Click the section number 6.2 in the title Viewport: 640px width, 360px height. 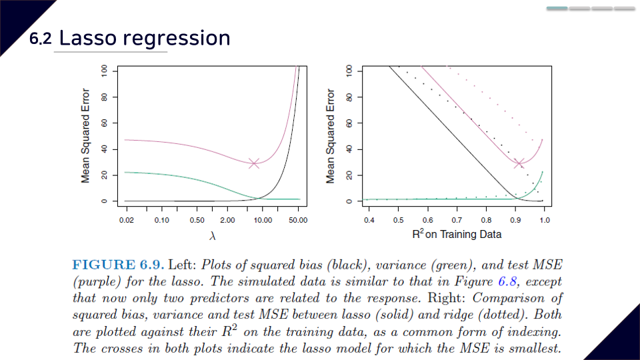[40, 39]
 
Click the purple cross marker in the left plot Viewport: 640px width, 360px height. [254, 163]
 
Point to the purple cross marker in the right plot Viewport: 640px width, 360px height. [520, 163]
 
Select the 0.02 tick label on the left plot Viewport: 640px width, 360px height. [126, 220]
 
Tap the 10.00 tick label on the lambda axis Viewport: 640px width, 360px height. [262, 220]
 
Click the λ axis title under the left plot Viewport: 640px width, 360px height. [212, 235]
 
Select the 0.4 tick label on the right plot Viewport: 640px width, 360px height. [369, 220]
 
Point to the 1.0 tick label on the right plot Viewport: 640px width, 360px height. [545, 220]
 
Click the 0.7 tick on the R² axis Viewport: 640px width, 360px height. [457, 220]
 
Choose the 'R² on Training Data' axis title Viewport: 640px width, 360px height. [457, 234]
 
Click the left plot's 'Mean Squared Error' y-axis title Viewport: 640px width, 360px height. [86, 136]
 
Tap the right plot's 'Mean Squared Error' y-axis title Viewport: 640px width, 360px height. [330, 136]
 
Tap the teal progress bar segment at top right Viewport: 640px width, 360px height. [557, 9]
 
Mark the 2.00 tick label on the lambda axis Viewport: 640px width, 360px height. [227, 220]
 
